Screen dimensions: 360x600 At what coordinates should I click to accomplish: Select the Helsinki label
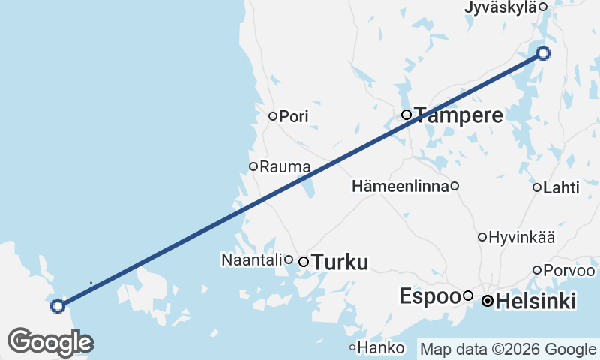coord(536,301)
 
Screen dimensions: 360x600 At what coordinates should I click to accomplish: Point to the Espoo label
coord(429,295)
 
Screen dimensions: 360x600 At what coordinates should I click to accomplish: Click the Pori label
coord(293,116)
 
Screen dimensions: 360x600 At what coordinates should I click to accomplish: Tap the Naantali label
coord(252,259)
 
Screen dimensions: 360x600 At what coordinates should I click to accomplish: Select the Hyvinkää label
coord(521,238)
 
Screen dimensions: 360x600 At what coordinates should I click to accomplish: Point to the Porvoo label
coord(571,270)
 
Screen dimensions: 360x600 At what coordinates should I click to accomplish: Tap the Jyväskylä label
coord(501,7)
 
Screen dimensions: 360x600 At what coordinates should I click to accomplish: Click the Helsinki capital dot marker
coord(487,301)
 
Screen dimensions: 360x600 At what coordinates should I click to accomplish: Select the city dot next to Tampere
coord(406,115)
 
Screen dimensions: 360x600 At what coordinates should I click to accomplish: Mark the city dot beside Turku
coord(304,262)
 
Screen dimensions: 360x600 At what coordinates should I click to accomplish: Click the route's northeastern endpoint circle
coord(543,53)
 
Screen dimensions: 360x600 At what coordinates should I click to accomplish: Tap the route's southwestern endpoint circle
coord(57,305)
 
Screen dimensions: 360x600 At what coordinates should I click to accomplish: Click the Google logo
coord(50,342)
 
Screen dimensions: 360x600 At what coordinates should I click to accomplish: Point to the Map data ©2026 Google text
coord(508,349)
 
